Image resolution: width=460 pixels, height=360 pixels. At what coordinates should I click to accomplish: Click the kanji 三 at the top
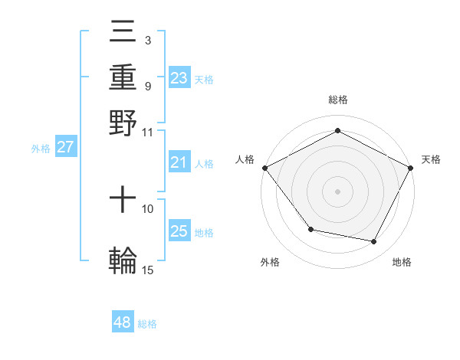[x=123, y=32]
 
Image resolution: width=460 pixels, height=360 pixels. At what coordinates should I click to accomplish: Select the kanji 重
[x=123, y=77]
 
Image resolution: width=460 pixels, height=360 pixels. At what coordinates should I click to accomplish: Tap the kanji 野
[x=123, y=122]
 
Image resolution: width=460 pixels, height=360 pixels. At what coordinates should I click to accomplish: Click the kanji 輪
[x=123, y=260]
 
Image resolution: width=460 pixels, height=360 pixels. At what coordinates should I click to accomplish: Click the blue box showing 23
[x=179, y=77]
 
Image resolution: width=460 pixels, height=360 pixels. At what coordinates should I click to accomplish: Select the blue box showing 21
[x=179, y=162]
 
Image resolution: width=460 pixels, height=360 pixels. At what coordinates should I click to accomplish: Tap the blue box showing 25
[x=179, y=231]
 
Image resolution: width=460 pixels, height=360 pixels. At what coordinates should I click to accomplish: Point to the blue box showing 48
[x=123, y=322]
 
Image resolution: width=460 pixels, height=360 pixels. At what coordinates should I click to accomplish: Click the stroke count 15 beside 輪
[x=148, y=270]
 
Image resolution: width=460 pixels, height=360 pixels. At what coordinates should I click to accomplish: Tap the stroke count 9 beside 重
[x=147, y=86]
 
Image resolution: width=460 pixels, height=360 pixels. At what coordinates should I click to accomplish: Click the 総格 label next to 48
[x=147, y=324]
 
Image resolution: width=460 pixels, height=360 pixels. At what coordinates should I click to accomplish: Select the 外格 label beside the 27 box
[x=41, y=149]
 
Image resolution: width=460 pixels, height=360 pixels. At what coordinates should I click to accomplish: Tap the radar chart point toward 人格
[x=264, y=168]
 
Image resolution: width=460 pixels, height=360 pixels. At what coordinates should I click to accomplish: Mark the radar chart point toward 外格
[x=310, y=229]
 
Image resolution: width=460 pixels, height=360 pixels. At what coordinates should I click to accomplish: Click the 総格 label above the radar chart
[x=337, y=100]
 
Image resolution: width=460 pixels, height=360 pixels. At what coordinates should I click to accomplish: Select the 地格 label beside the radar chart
[x=402, y=262]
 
